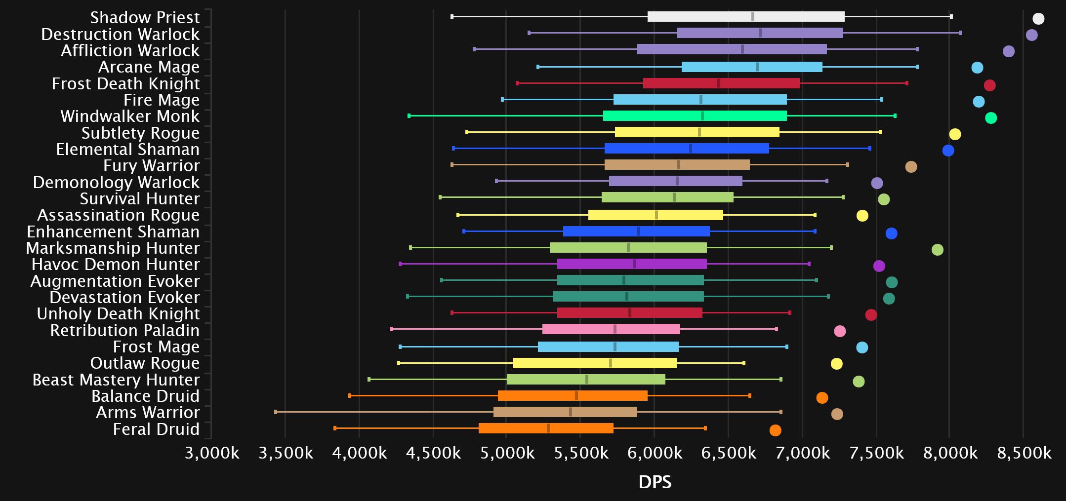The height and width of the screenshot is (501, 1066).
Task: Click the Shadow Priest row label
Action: click(145, 18)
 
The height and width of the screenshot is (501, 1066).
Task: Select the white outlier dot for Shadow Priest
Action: click(1038, 19)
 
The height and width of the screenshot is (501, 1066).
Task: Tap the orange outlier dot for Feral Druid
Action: click(775, 430)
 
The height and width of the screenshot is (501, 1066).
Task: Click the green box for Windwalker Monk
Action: click(695, 116)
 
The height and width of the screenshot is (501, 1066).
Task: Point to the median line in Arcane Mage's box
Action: click(757, 67)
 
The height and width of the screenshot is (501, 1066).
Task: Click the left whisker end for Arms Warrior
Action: click(276, 412)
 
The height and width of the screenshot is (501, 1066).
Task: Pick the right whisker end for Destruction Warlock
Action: click(960, 33)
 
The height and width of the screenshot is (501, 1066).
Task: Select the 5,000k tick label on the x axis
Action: click(507, 453)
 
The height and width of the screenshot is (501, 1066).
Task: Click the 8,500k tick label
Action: click(1024, 453)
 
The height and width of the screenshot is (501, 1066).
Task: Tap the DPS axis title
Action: click(655, 482)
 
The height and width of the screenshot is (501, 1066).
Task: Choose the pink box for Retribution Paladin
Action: click(611, 329)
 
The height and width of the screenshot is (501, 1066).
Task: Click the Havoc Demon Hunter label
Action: click(116, 265)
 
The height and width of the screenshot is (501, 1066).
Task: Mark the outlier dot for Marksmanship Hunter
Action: click(937, 250)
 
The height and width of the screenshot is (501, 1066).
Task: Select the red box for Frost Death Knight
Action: click(721, 83)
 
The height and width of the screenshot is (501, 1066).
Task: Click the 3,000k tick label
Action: click(212, 453)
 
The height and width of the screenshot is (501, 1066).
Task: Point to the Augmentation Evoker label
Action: click(115, 281)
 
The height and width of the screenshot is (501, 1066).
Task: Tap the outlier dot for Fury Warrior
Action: click(911, 167)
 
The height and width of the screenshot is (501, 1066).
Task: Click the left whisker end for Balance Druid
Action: click(350, 396)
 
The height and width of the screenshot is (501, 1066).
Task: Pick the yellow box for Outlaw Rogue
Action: click(595, 363)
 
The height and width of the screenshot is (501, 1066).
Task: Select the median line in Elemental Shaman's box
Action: click(691, 149)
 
